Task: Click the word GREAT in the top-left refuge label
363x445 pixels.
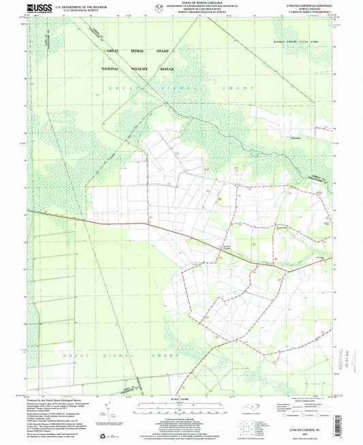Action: coord(112,50)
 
